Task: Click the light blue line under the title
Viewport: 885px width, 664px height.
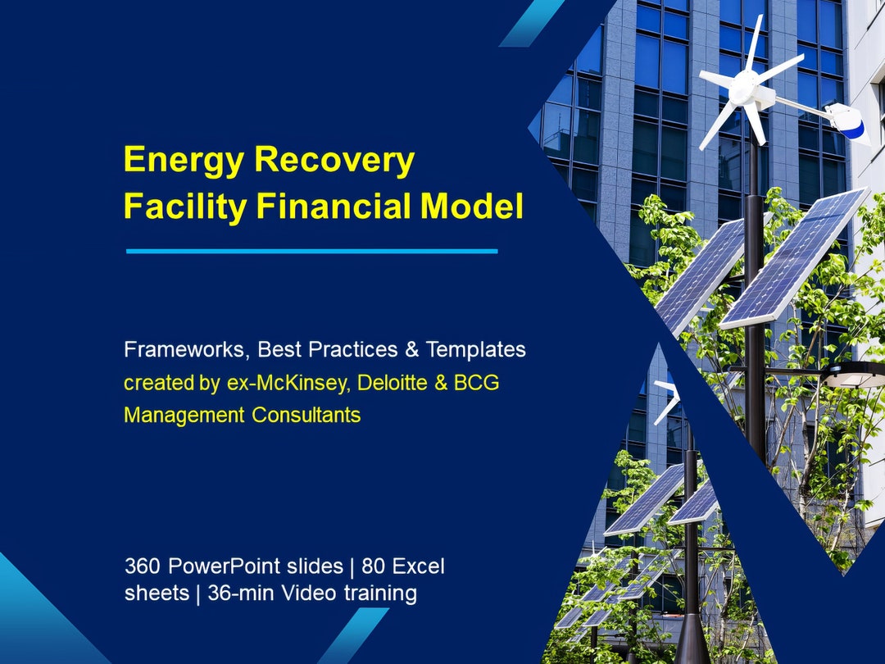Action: (x=311, y=251)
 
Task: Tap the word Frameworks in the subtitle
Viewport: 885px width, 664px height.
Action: (x=184, y=350)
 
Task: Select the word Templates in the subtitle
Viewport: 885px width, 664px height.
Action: (x=475, y=350)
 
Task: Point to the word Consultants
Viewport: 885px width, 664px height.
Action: (x=306, y=415)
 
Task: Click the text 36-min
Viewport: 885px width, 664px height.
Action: (x=238, y=593)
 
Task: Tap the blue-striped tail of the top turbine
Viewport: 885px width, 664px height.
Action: (x=849, y=125)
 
